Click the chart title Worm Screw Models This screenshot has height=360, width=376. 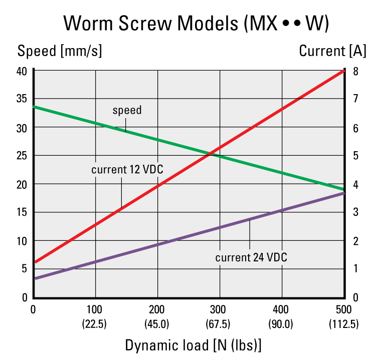tap(196, 23)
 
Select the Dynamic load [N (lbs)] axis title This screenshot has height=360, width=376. tap(193, 345)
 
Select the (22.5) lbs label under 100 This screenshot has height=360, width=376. tap(95, 324)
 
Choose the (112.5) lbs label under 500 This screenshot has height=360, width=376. tap(344, 324)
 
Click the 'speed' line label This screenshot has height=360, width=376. tap(127, 110)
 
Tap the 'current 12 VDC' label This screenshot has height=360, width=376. tap(127, 169)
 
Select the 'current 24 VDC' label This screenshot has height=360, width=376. tap(251, 258)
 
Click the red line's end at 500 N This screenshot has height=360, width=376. tap(343, 71)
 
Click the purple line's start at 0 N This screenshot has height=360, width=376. tap(34, 278)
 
